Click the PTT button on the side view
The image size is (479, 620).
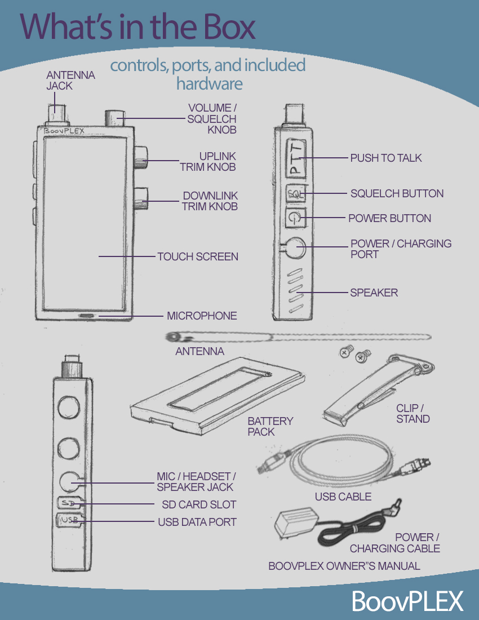pos(296,158)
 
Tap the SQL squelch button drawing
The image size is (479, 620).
pos(295,194)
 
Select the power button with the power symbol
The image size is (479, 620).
pos(296,218)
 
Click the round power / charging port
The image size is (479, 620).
pos(296,248)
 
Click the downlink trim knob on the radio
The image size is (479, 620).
pos(141,199)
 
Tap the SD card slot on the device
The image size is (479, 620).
pos(70,503)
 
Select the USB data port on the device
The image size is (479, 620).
pos(70,520)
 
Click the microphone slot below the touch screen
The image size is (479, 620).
pos(87,316)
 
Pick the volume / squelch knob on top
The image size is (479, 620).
pos(115,118)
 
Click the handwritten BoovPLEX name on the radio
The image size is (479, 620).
pos(64,131)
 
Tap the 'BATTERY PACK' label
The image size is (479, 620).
pos(270,426)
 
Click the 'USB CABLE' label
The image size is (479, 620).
pos(343,497)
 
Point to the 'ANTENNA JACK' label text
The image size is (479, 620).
pos(71,80)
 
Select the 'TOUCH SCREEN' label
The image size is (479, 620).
pos(198,256)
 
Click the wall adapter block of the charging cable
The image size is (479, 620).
pos(296,524)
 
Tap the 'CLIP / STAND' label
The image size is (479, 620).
pos(413,414)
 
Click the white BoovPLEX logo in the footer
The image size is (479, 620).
pos(407,601)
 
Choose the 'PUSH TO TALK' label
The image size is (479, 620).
pos(386,158)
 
